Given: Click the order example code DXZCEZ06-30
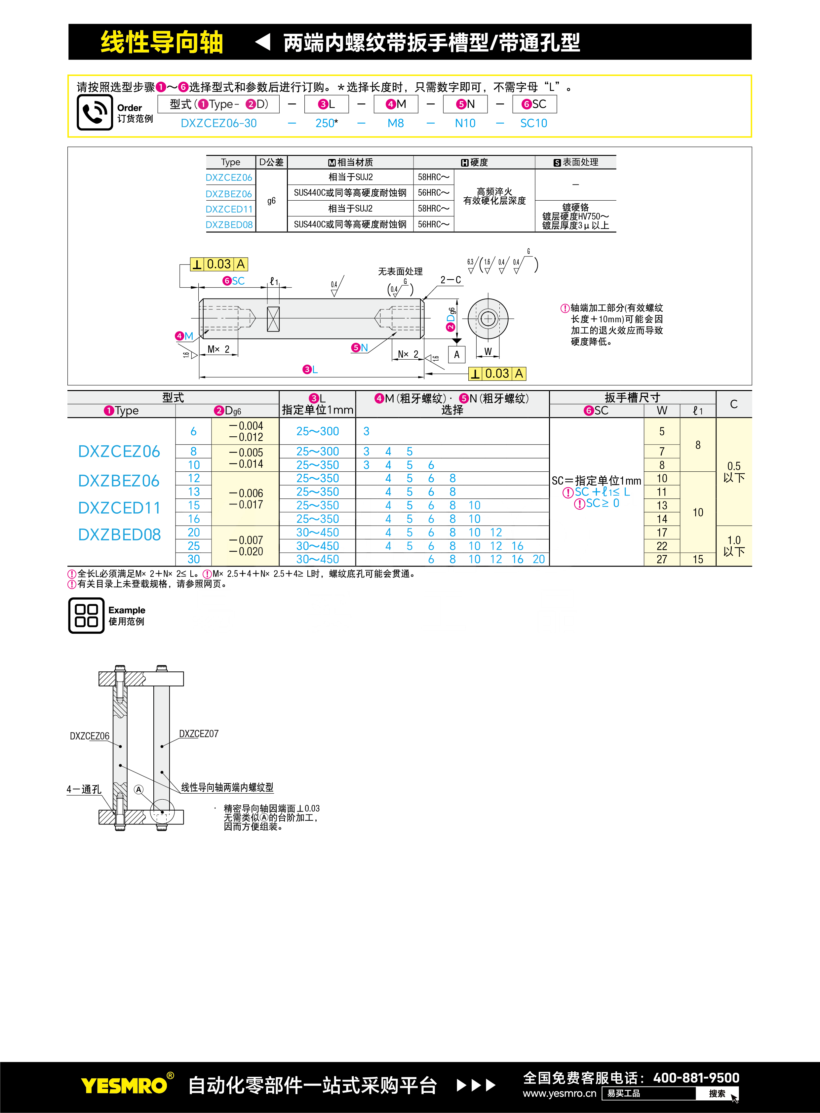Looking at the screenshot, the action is [218, 123].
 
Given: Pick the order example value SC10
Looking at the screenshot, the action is [533, 123].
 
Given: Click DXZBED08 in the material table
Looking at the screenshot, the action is [229, 224].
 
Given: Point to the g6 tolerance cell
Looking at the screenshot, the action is [271, 201].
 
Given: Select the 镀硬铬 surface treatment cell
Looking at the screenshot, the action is [575, 216].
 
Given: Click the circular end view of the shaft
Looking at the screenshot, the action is [488, 318].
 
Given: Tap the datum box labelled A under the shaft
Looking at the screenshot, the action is [457, 354].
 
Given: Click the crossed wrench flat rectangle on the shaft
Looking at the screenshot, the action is [273, 319].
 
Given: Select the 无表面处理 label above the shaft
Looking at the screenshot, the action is [400, 271].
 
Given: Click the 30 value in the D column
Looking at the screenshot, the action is [194, 559].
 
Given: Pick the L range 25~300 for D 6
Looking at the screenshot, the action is [318, 431].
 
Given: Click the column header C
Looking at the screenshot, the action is [734, 404].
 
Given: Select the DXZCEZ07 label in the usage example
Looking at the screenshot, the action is [199, 734].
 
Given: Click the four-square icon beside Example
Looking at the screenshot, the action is [86, 615].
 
